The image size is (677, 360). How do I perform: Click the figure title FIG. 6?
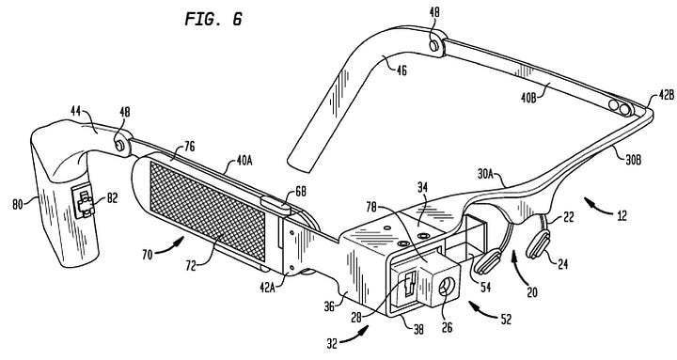click(x=213, y=19)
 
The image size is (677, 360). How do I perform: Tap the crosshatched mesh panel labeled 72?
click(x=207, y=211)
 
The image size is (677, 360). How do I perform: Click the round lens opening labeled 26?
click(x=444, y=287)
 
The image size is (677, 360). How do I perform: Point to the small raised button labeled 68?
click(x=276, y=205)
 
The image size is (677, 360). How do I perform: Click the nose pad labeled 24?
click(x=538, y=244)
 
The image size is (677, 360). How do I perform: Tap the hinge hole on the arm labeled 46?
click(x=434, y=45)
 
